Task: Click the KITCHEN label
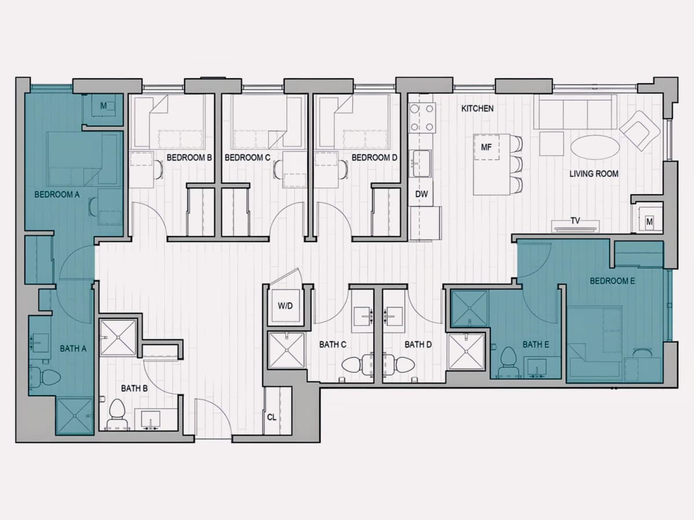pos(477,109)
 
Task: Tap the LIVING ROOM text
pos(594,174)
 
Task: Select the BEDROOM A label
pos(57,195)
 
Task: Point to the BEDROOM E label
pos(612,281)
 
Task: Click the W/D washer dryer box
pos(286,306)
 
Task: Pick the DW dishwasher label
pos(422,194)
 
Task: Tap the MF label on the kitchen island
pos(486,147)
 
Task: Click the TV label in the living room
pos(575,221)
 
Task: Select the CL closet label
pos(272,417)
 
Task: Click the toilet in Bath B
pos(117,414)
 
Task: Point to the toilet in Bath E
pos(509,362)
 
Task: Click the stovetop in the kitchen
pos(422,118)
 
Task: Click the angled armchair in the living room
pos(640,131)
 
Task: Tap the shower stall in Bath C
pos(286,350)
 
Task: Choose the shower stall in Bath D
pos(466,351)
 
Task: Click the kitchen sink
pos(421,164)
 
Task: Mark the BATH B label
pos(134,388)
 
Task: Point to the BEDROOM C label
pos(248,158)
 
